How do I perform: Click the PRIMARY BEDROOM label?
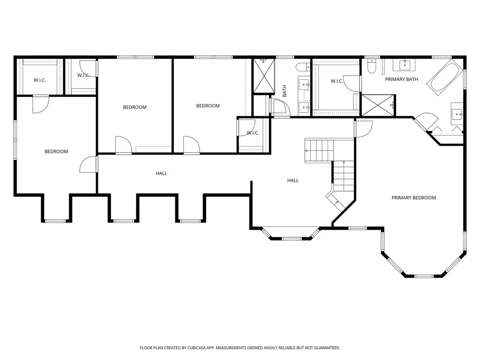tap(413, 198)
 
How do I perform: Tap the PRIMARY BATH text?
tap(401, 79)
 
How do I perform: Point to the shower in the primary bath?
tap(378, 105)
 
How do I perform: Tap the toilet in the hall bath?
tap(304, 66)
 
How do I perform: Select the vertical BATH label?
tap(284, 91)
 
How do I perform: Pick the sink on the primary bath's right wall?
tap(457, 114)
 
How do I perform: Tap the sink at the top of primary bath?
tap(404, 64)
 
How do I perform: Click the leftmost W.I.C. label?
tap(39, 80)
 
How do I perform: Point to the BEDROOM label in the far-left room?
tap(56, 151)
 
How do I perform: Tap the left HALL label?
tap(161, 173)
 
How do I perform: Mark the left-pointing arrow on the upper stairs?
tap(307, 150)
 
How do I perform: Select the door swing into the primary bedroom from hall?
tap(363, 128)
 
